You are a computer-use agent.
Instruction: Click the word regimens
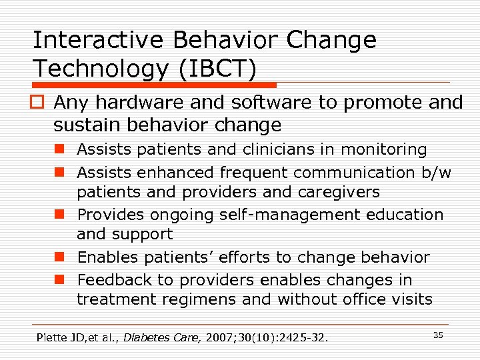[x=205, y=299]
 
